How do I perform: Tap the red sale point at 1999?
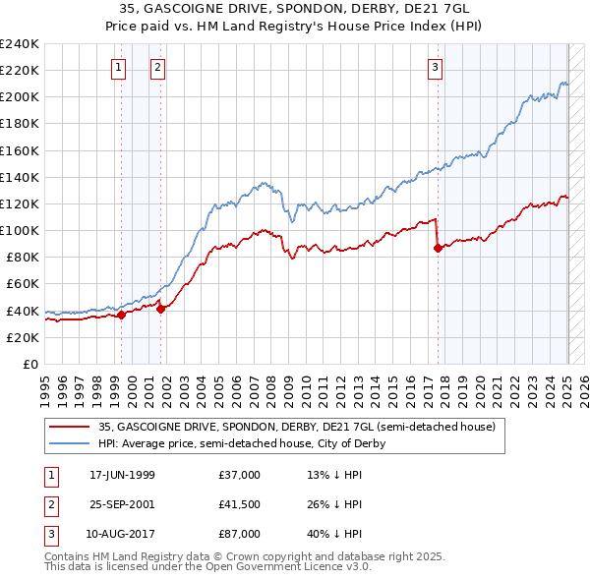click(122, 315)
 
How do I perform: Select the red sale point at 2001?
click(161, 309)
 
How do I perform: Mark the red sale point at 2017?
click(438, 248)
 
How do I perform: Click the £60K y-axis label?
click(22, 283)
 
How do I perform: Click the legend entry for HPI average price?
click(241, 443)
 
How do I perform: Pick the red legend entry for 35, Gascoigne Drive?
click(302, 427)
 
